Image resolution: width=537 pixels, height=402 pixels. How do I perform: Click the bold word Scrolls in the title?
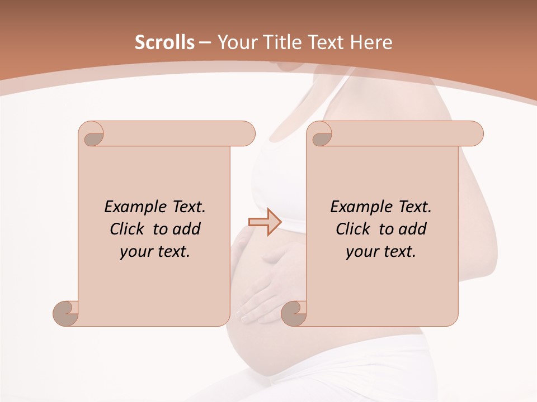tap(164, 42)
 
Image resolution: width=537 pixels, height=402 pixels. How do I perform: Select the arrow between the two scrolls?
tap(264, 222)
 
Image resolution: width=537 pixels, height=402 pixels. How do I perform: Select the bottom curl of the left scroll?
tap(66, 313)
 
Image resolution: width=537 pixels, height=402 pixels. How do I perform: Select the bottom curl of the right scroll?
tap(294, 313)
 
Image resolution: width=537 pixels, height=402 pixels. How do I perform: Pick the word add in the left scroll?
tap(187, 229)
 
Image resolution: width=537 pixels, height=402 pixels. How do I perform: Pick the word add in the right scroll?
tap(413, 229)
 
